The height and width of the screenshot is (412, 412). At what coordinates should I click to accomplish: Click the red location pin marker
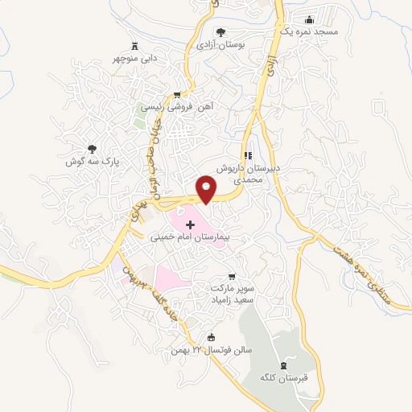point(207,189)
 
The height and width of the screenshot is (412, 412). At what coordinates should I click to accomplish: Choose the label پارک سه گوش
point(93,161)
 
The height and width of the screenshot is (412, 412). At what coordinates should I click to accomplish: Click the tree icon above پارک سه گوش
point(93,147)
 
